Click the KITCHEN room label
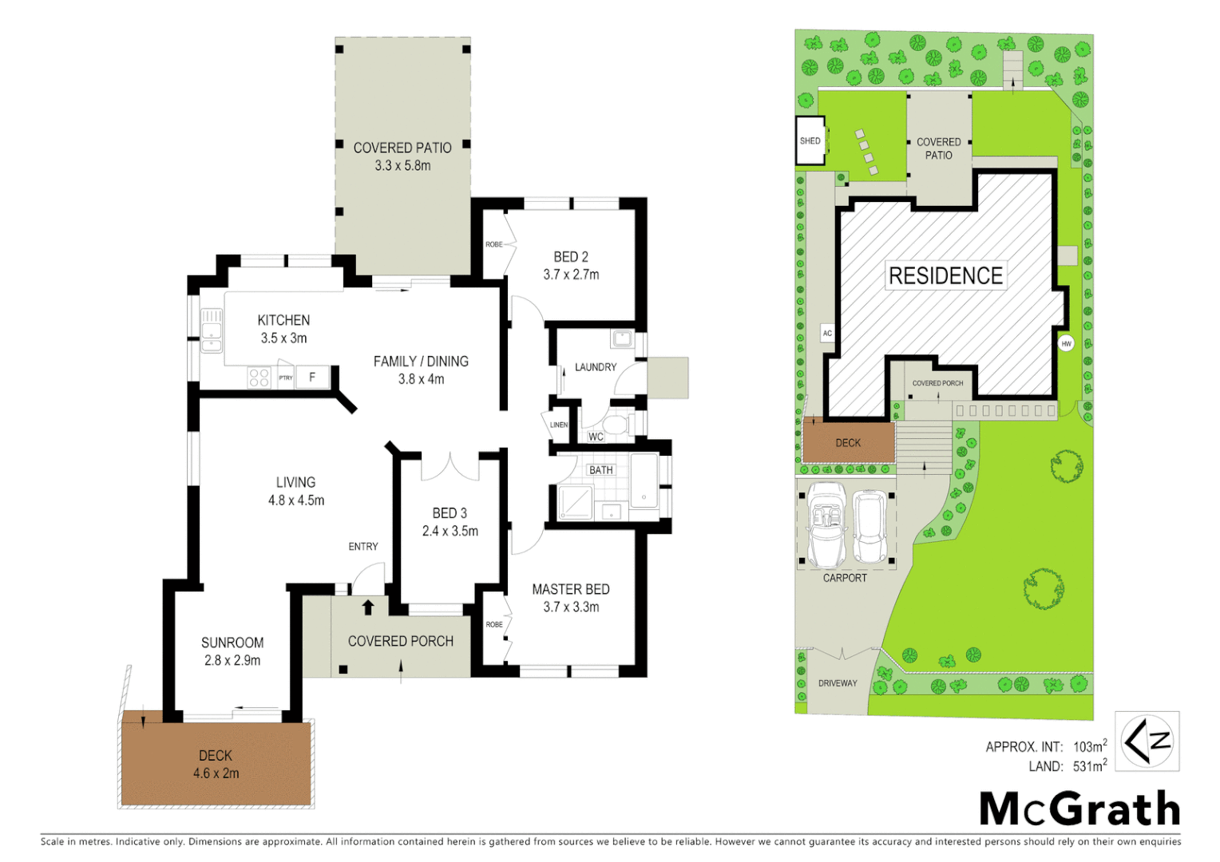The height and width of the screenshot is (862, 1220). (283, 320)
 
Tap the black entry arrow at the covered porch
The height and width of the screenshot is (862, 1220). (368, 607)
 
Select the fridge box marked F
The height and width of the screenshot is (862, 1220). (312, 377)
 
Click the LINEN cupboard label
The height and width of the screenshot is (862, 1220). (559, 425)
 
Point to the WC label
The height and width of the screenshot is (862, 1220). (596, 437)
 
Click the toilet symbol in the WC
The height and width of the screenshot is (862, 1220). (616, 423)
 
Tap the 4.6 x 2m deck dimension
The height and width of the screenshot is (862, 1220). (216, 773)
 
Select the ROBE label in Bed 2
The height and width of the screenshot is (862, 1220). (494, 244)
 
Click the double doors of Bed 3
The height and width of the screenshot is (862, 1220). (450, 467)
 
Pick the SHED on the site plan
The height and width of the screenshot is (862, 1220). (810, 141)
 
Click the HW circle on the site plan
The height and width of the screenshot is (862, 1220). (1066, 343)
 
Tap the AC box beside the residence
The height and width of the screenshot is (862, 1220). (827, 333)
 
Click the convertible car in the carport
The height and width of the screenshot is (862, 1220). (827, 523)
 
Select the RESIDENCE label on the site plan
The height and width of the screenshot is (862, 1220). (945, 276)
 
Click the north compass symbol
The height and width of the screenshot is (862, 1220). (1147, 741)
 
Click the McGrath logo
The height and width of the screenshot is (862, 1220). (1079, 809)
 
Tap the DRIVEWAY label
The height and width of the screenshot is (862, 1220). (838, 683)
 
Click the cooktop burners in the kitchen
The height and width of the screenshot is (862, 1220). (259, 378)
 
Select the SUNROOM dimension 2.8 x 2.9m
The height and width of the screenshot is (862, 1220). (232, 660)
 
